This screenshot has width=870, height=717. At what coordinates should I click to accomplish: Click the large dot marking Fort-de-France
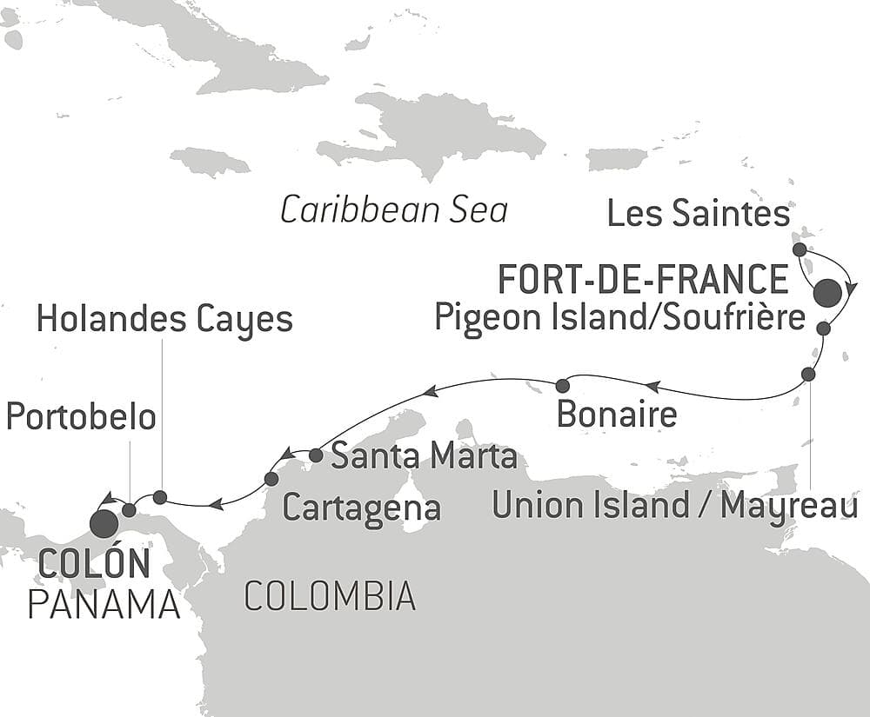coord(827,293)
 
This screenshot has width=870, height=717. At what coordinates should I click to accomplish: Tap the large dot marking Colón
coord(104,523)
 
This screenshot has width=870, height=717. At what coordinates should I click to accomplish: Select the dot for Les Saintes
coord(800,249)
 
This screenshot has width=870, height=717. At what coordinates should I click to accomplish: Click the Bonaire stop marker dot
coord(562,385)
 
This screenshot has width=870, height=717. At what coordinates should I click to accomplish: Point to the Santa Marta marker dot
coord(316,455)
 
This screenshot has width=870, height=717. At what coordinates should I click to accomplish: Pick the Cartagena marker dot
coord(271,479)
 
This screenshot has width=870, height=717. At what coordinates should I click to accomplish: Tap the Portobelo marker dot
coord(129,509)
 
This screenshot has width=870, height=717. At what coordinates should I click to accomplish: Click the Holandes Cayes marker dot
coord(160,497)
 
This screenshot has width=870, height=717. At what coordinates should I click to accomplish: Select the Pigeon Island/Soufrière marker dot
coord(823,329)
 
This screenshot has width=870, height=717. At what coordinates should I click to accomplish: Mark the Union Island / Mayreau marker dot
coord(808,375)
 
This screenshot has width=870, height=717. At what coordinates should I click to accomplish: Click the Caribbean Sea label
coord(394,210)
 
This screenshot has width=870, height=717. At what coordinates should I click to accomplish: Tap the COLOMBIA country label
coord(329,596)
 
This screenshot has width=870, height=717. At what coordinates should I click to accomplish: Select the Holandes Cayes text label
coord(164,320)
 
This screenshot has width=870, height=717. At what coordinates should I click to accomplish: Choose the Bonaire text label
coord(616,414)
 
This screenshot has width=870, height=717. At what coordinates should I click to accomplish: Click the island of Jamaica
coord(210,162)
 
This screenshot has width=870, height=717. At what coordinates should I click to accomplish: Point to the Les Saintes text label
coord(699,214)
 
